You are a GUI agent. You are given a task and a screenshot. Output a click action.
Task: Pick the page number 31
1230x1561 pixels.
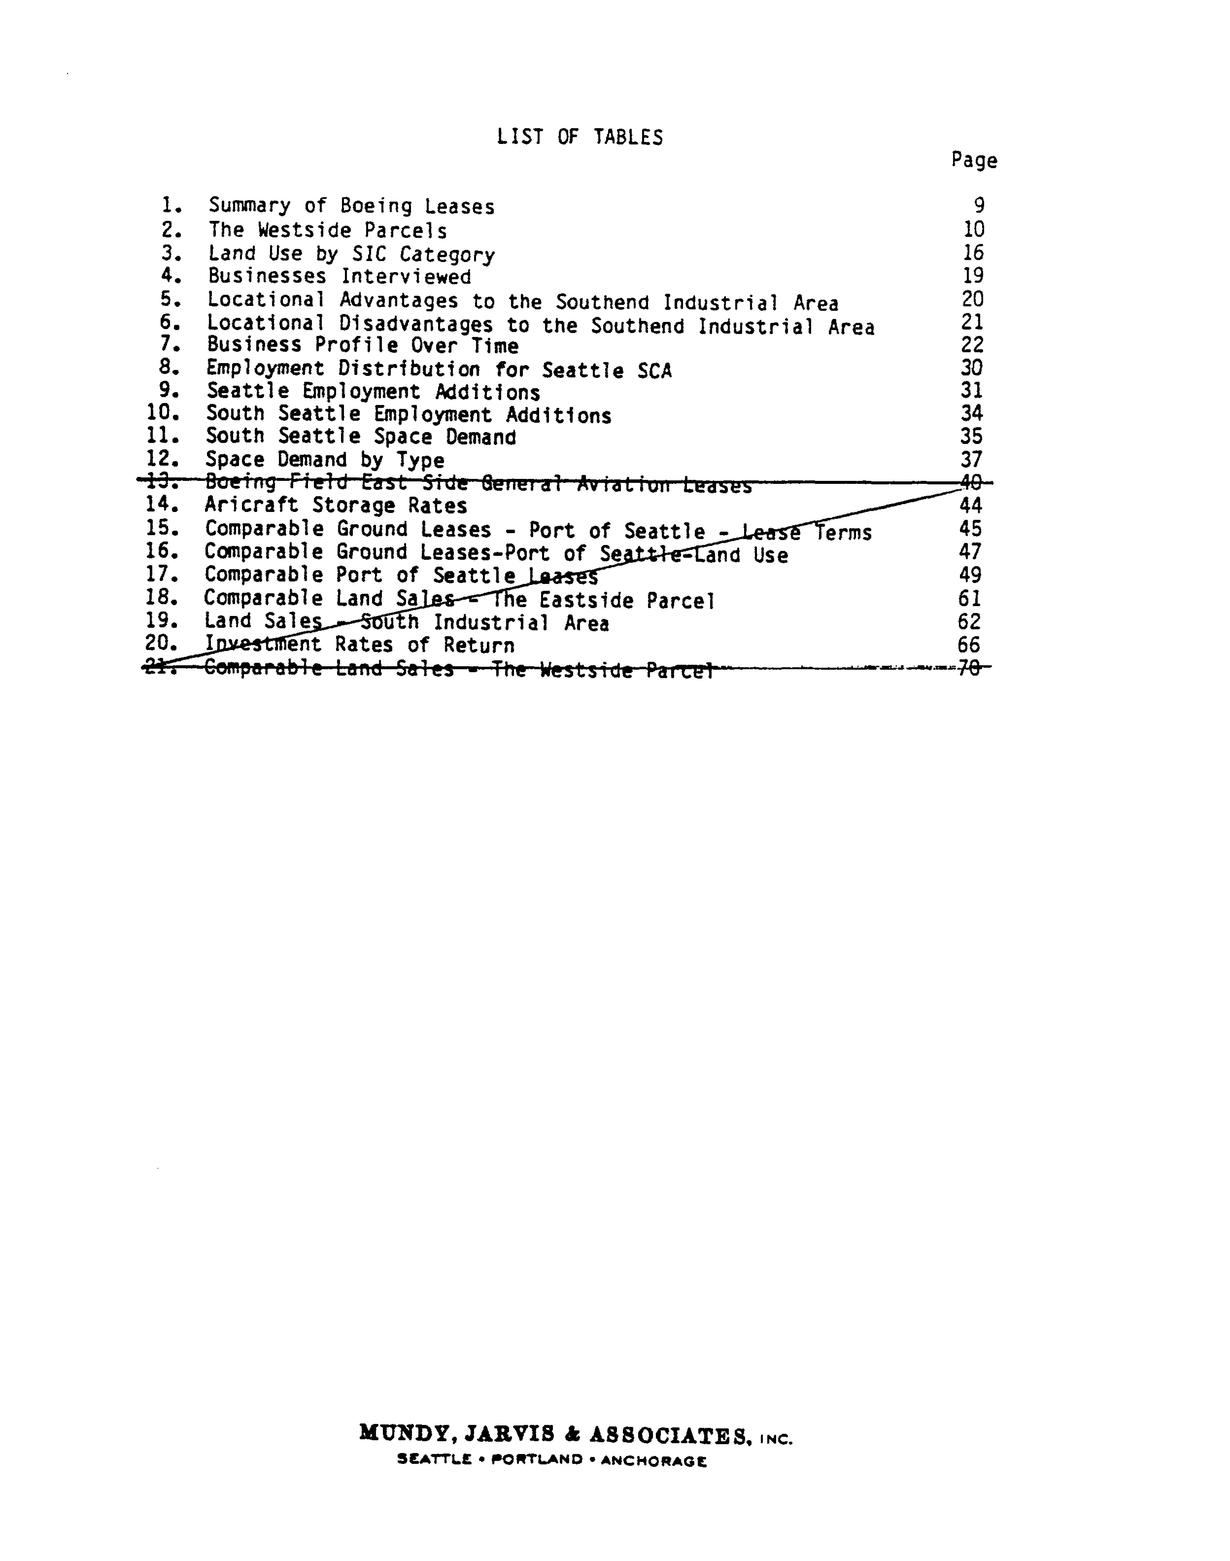pyautogui.click(x=972, y=390)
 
